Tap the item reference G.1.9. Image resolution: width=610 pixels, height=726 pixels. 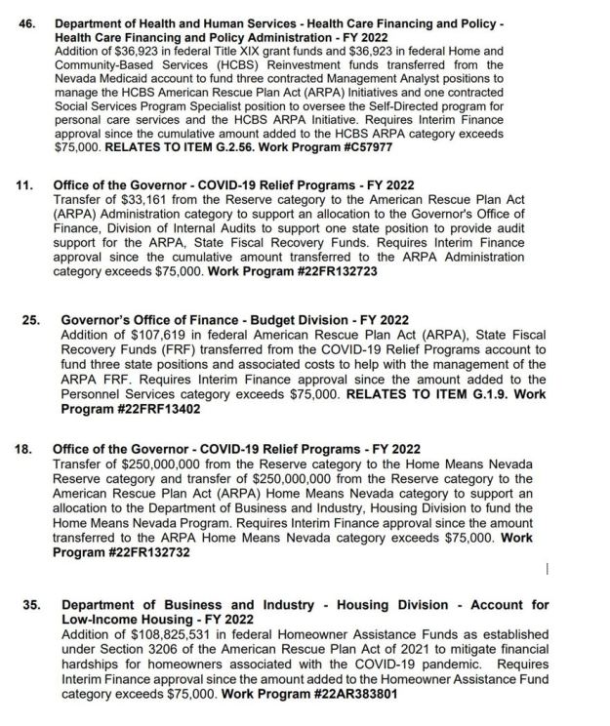451,394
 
